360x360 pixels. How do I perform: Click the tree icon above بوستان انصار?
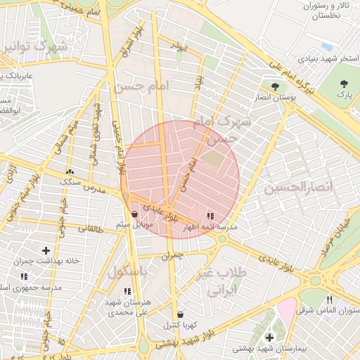(x=275, y=86)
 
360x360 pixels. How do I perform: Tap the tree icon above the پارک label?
(x=344, y=83)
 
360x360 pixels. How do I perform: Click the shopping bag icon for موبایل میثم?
(x=135, y=214)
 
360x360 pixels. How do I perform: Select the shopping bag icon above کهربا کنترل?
(x=181, y=314)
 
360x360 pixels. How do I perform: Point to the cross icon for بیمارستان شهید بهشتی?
(x=269, y=337)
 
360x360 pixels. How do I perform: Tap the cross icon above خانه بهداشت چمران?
(x=46, y=250)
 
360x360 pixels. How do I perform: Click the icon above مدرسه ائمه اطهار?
(x=210, y=216)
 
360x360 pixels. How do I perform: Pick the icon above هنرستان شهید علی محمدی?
(x=127, y=290)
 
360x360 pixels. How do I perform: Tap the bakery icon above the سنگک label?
(x=70, y=171)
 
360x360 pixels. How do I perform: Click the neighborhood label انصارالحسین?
(x=288, y=188)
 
